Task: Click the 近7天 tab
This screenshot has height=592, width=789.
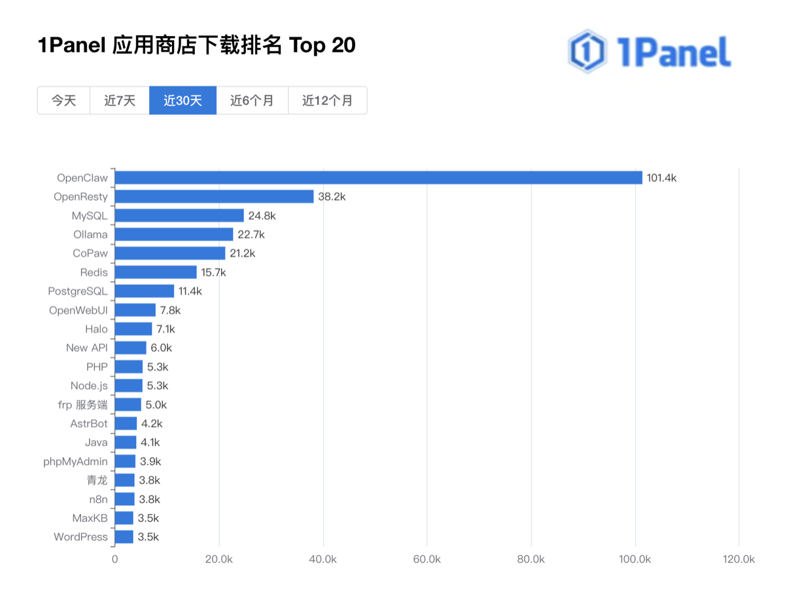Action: click(120, 101)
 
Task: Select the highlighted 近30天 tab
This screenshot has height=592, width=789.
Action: click(183, 101)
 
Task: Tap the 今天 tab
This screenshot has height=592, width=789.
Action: click(63, 101)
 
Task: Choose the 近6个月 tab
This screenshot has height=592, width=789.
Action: click(252, 101)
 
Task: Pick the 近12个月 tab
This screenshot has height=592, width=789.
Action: click(327, 101)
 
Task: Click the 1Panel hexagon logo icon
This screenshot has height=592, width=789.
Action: click(586, 51)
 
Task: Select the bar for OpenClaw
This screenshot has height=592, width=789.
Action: click(378, 177)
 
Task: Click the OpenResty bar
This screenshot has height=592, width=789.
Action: click(214, 196)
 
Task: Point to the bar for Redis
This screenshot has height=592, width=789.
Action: click(156, 272)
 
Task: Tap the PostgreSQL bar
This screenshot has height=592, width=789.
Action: click(145, 291)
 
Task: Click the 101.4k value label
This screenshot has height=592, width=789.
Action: click(661, 177)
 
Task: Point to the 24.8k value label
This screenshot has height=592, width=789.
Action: click(262, 215)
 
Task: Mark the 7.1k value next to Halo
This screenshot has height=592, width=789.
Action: click(166, 329)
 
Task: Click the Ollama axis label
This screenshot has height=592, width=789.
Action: click(90, 234)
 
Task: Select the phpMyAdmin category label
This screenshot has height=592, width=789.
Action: click(75, 461)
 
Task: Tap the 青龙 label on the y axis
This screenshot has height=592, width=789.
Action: click(97, 480)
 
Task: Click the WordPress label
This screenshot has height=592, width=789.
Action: click(80, 537)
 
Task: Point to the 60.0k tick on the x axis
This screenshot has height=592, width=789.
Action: click(427, 559)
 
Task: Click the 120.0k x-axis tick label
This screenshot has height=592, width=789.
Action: click(739, 559)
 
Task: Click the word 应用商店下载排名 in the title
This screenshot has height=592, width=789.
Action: click(197, 46)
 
